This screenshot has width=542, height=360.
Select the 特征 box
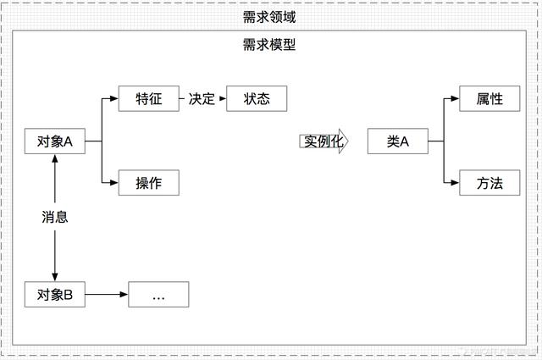[149, 98]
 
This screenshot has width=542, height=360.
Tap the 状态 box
[257, 98]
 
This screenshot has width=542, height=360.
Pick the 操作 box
[149, 183]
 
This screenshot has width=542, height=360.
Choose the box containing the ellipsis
[158, 295]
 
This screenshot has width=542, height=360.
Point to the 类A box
[398, 141]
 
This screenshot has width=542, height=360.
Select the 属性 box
[489, 98]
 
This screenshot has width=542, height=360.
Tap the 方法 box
[489, 183]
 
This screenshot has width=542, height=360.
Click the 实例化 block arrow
[324, 141]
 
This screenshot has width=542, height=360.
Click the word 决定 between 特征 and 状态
[202, 98]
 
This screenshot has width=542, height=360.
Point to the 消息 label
[55, 217]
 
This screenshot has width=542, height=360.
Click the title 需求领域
[270, 16]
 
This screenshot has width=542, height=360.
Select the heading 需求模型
[270, 44]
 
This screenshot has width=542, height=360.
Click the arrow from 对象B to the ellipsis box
[106, 295]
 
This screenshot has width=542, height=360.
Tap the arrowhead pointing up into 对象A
[55, 161]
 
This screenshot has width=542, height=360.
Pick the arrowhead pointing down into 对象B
[55, 276]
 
